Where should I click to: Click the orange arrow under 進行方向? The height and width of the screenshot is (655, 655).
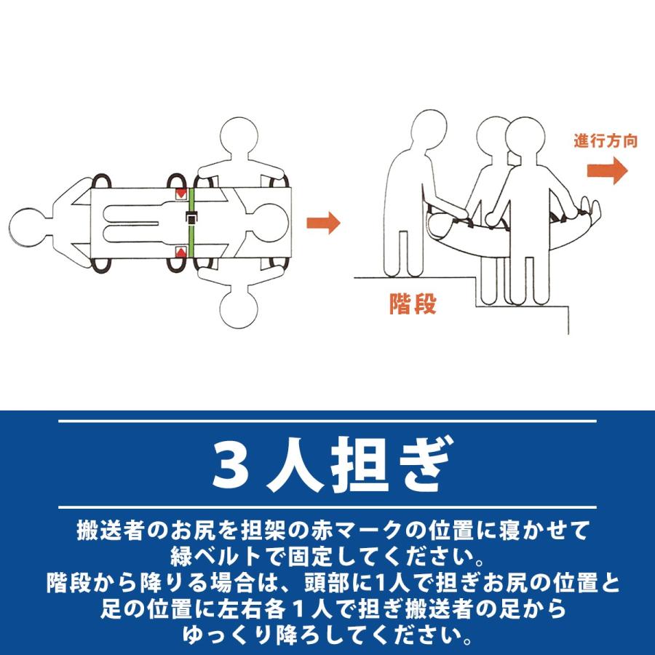pos(607,170)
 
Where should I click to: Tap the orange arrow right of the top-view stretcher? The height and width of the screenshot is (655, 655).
pos(323,223)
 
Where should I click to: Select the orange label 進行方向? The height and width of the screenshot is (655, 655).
pos(606,141)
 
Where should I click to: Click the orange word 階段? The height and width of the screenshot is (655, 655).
pos(413,303)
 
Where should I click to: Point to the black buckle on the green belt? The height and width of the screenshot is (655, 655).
pos(191,218)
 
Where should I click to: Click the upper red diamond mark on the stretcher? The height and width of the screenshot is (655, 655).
pos(181,193)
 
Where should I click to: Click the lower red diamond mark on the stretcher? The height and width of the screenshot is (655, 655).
pos(181,253)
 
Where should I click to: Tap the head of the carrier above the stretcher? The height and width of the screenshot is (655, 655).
pos(239,136)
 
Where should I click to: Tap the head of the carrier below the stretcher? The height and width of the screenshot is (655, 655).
pos(239,309)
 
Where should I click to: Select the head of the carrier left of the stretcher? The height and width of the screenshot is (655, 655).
pos(28,227)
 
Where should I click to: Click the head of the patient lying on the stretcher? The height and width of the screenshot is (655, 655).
pos(270,223)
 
